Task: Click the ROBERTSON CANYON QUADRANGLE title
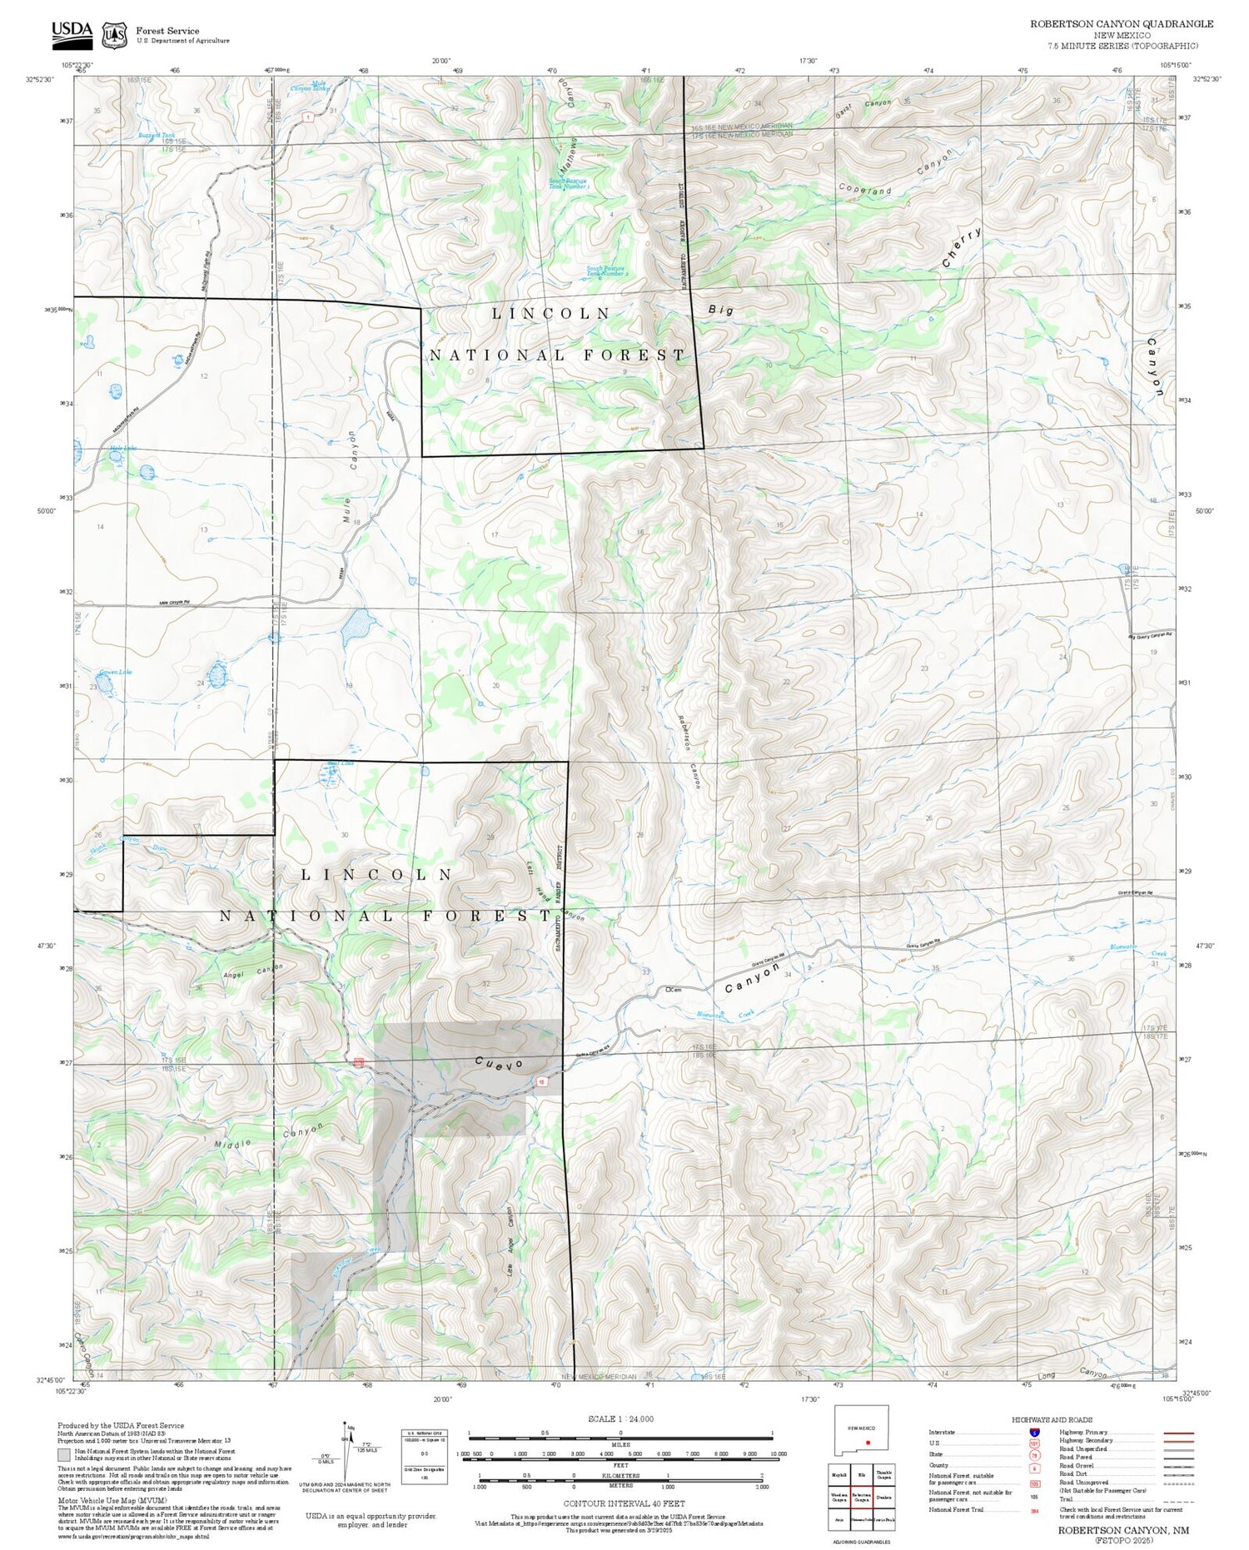(x=1121, y=23)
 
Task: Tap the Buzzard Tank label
(x=157, y=135)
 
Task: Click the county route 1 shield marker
(x=308, y=117)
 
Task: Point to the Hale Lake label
(x=123, y=449)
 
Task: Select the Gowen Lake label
(x=115, y=672)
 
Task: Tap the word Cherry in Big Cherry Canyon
(x=962, y=247)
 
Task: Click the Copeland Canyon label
(x=895, y=175)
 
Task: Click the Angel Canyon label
(x=252, y=971)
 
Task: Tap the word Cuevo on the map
(x=500, y=1064)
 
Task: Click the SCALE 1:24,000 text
(x=620, y=1419)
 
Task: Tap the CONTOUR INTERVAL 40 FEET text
(x=624, y=1503)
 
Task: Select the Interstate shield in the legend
(x=1033, y=1432)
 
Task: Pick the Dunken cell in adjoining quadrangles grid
(x=884, y=1496)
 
